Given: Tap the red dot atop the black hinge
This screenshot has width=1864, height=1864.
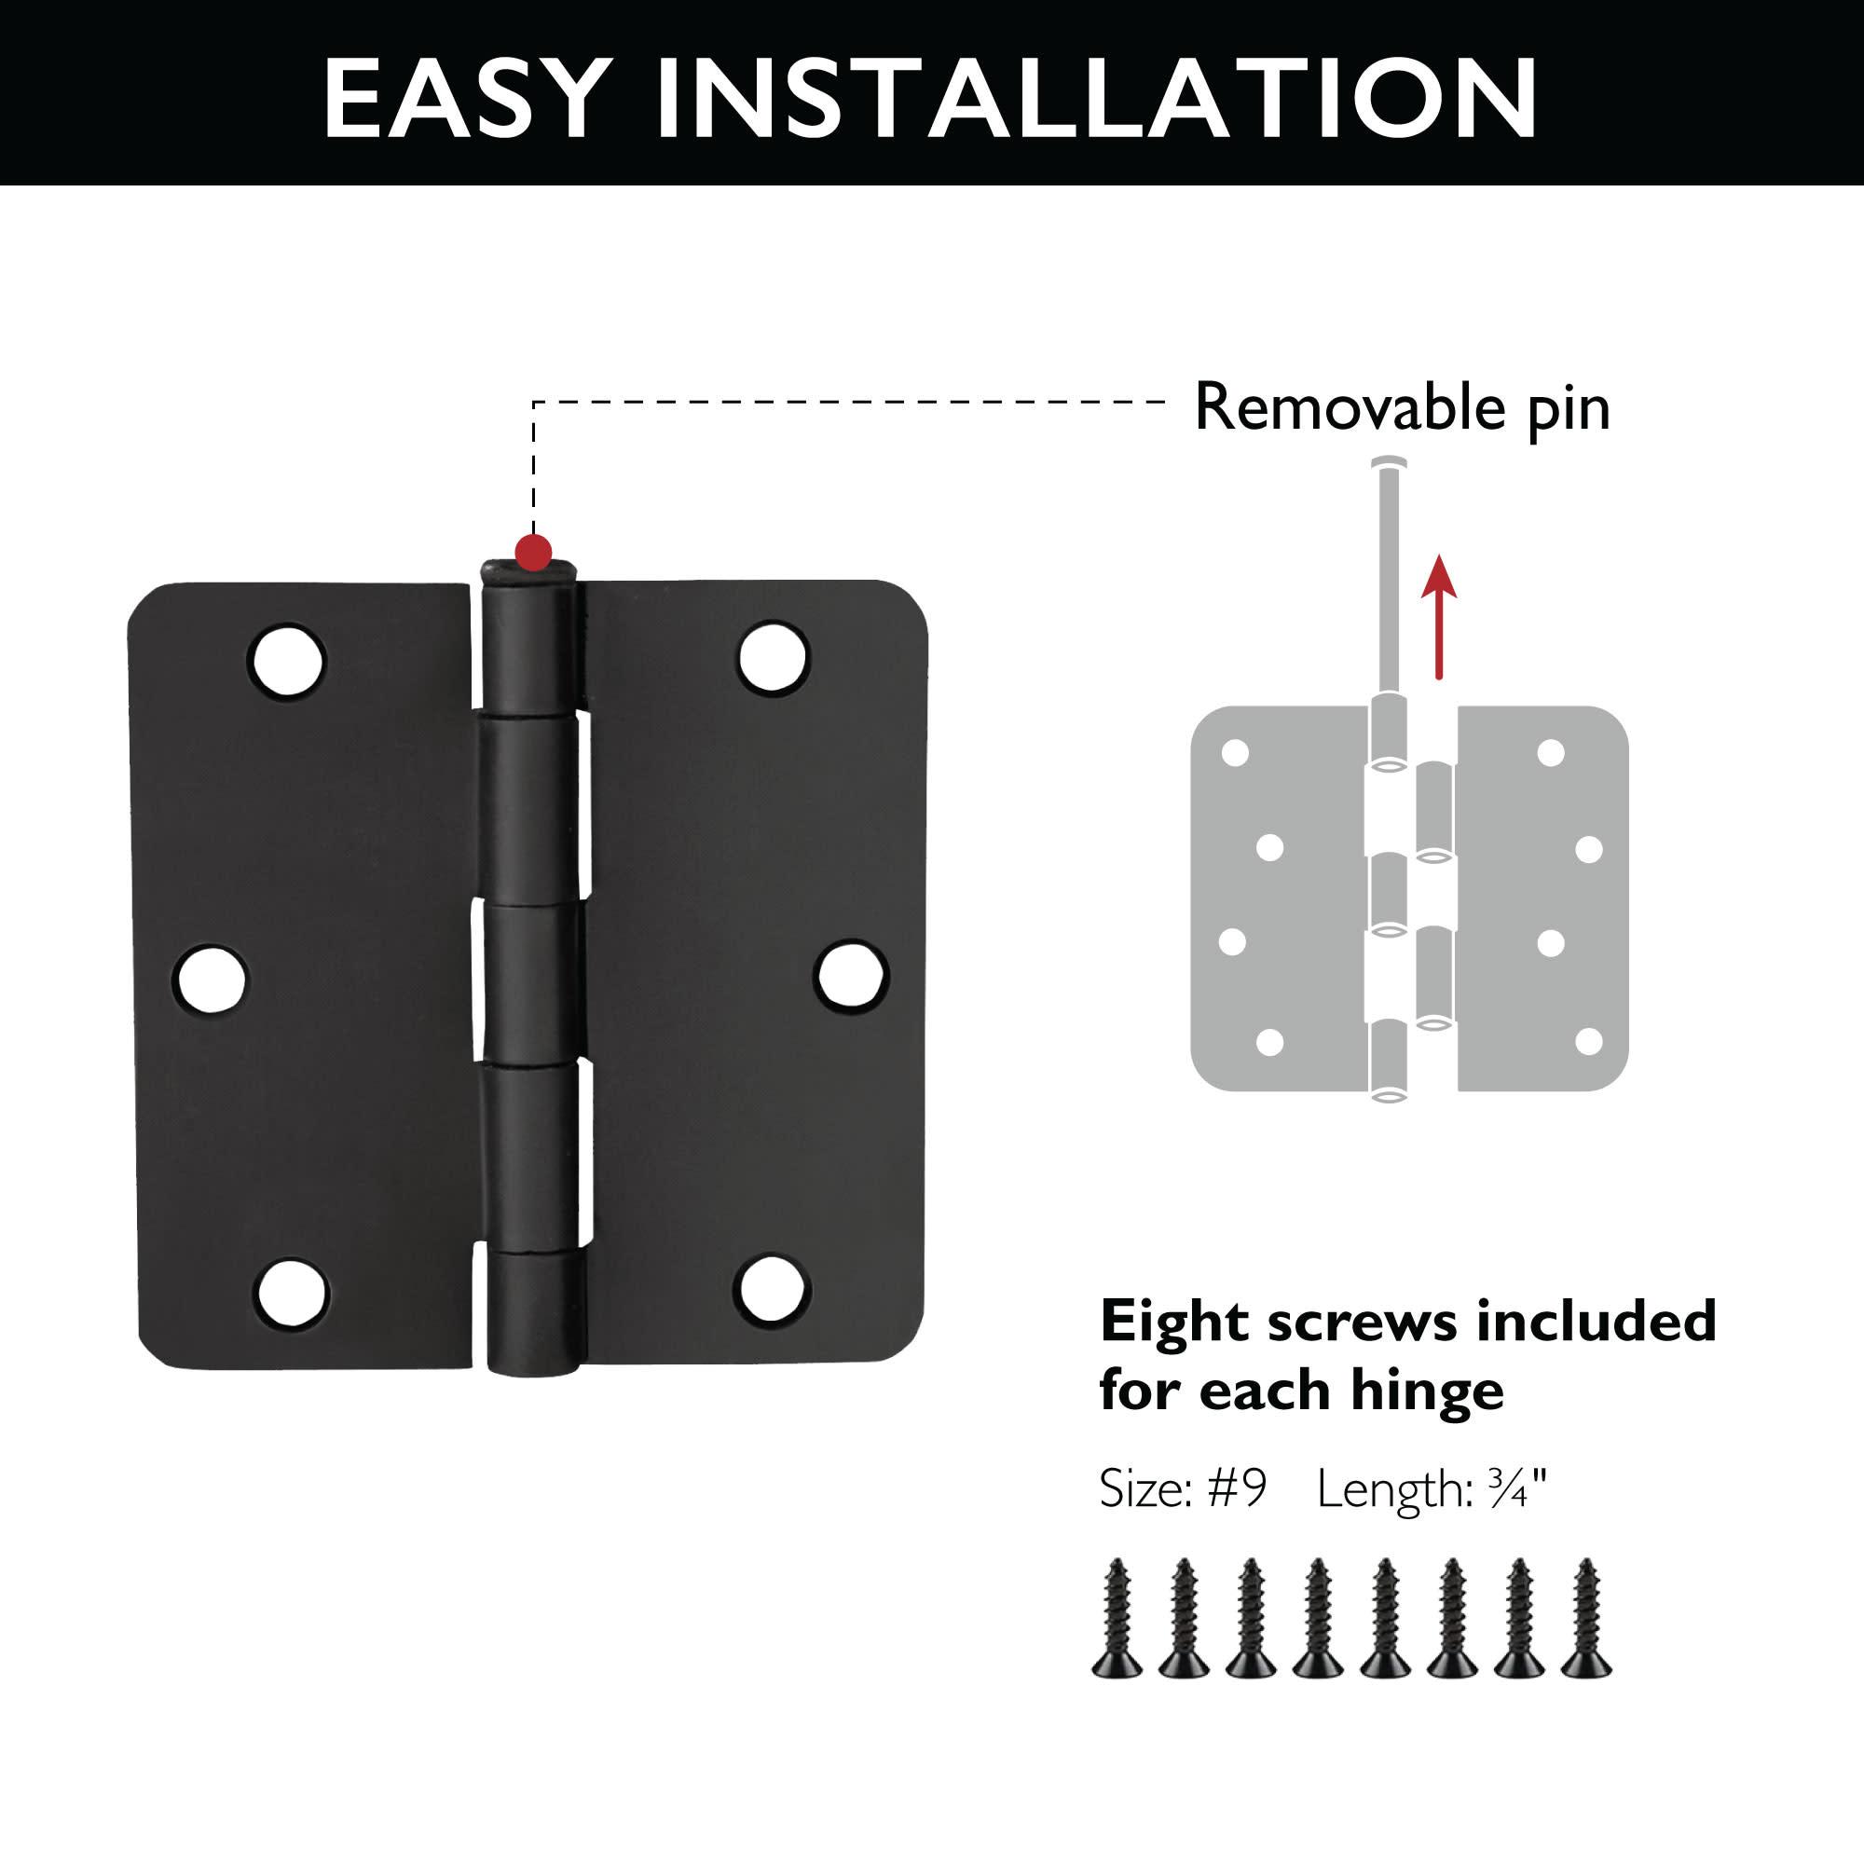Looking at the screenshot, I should (x=533, y=553).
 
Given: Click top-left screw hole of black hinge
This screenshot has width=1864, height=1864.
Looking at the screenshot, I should (x=286, y=660).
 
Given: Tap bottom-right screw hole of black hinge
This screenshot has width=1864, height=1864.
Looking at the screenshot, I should (x=769, y=1289).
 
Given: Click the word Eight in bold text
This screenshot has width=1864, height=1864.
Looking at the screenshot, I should (x=1174, y=1321).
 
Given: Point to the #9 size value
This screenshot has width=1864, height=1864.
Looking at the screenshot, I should (x=1238, y=1488).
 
